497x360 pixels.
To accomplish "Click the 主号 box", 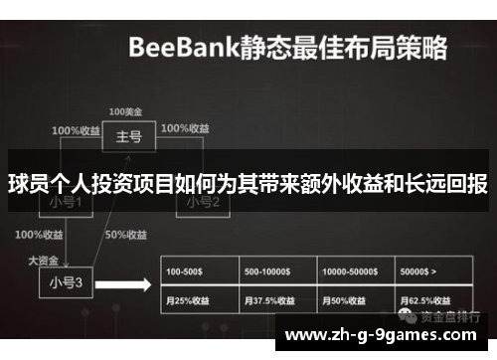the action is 129,137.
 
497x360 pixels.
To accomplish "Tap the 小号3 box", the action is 66,281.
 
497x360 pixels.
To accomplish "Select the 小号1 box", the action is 66,204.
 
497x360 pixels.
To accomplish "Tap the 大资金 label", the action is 44,259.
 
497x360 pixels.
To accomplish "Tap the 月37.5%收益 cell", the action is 270,299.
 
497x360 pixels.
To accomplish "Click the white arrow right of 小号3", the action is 128,283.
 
